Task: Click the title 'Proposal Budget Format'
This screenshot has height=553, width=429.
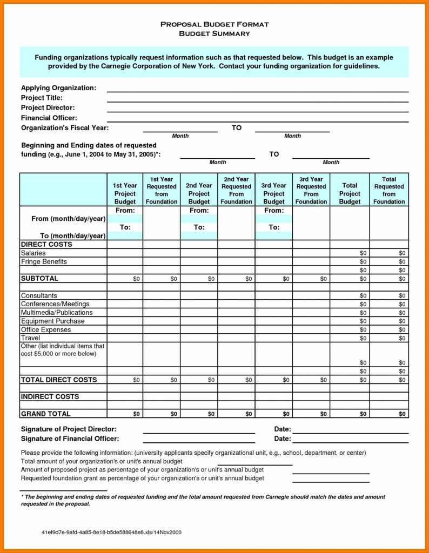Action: tap(215, 24)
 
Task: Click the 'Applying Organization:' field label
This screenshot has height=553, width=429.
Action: tap(58, 87)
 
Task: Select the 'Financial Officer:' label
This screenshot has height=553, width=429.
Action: tap(49, 118)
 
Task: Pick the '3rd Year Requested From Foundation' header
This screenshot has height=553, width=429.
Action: tap(311, 190)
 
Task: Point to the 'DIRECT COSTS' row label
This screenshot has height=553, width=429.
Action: tap(46, 245)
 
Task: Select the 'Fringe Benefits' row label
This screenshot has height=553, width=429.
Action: tap(44, 261)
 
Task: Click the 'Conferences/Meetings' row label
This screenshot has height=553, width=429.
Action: tap(55, 304)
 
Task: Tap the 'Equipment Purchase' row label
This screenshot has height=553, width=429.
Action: tap(52, 321)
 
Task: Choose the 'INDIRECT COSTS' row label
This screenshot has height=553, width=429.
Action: tap(50, 397)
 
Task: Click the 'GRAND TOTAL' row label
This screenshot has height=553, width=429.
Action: tap(45, 414)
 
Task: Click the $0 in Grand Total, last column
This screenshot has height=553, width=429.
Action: tap(402, 414)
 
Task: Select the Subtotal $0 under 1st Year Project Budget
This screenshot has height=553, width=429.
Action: tap(136, 279)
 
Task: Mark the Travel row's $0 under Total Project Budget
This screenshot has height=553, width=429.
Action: tap(363, 339)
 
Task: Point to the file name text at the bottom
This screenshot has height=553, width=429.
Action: tap(111, 532)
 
